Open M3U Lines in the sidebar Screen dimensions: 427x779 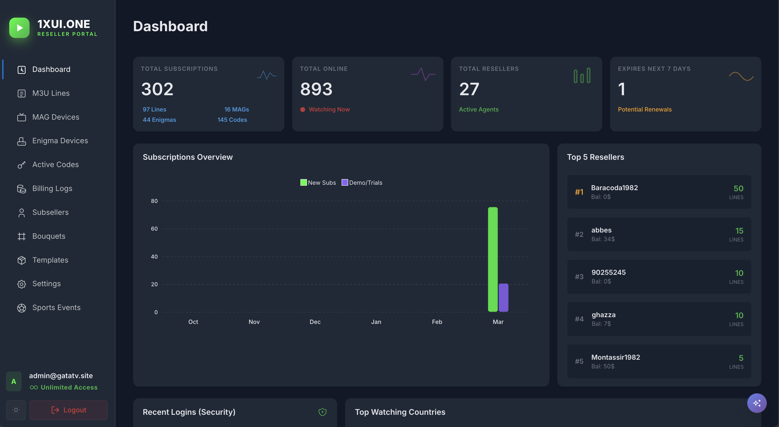tap(51, 93)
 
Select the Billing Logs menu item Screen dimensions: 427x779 tap(52, 189)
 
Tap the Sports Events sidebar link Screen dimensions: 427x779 tap(56, 307)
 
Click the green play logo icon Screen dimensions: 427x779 tap(19, 28)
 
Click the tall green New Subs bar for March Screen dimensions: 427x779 tap(492, 259)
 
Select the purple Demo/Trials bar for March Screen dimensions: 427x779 tap(503, 298)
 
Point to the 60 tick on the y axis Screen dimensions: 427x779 tap(154, 229)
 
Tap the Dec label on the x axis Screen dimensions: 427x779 tap(315, 322)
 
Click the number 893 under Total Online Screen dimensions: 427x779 tap(316, 89)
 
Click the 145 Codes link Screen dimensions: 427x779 tap(232, 120)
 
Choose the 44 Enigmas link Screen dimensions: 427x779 tap(159, 120)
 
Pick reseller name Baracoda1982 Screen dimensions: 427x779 tap(614, 188)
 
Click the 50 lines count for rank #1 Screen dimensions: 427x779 tap(738, 189)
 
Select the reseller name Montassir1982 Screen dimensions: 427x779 tap(615, 357)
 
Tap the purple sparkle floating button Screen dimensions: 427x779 tap(757, 403)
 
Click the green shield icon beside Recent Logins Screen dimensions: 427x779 tap(322, 412)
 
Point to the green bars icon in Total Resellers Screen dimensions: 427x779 tap(582, 76)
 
